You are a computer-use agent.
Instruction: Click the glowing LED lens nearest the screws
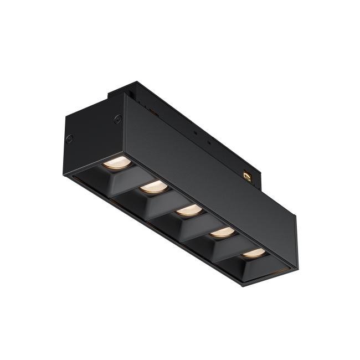pos(117,162)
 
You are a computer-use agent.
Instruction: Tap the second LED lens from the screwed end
pos(153,187)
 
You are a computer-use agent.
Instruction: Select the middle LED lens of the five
pos(188,210)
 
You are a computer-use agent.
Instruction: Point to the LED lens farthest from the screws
pos(254,253)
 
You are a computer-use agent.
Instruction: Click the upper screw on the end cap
pos(117,119)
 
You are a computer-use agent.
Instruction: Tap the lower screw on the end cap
pos(69,138)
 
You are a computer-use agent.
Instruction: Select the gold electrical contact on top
pos(247,176)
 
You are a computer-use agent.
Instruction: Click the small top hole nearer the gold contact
pos(209,143)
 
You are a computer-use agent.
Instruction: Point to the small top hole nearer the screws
pos(195,133)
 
